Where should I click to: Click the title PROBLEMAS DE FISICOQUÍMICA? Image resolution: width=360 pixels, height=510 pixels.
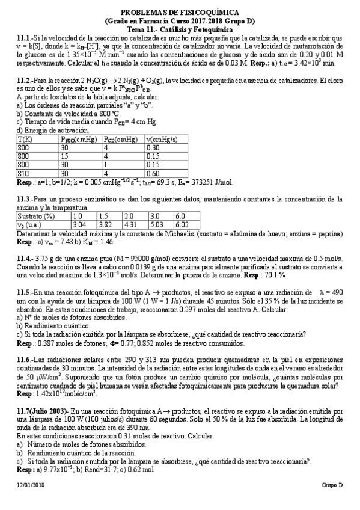(x=180, y=12)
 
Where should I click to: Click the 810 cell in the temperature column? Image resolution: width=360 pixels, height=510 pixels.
(x=23, y=171)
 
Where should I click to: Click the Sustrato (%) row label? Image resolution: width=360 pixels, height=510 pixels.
(x=35, y=215)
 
